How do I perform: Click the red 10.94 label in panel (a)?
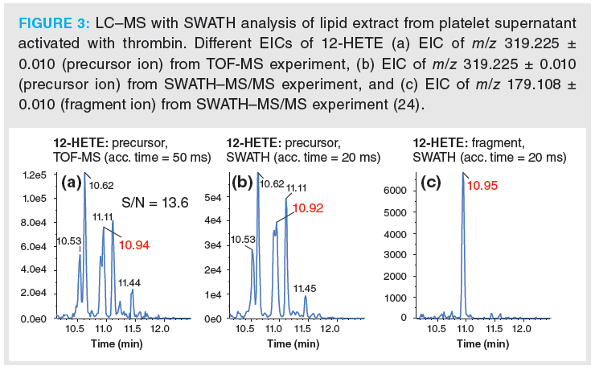tap(133, 245)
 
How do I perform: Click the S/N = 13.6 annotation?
tap(155, 203)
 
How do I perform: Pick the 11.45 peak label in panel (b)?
tap(306, 288)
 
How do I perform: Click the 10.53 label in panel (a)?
tap(70, 241)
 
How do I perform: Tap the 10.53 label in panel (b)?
tap(244, 240)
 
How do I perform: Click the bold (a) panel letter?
tap(72, 183)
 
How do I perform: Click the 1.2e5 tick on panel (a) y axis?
tap(35, 174)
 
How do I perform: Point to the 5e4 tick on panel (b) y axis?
tap(213, 196)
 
